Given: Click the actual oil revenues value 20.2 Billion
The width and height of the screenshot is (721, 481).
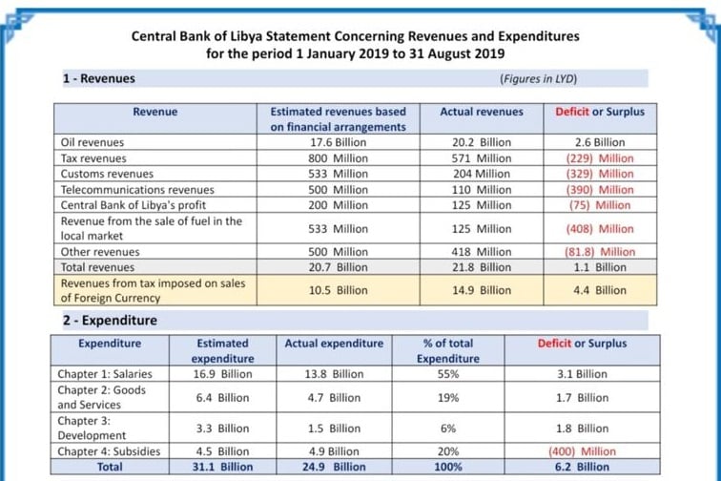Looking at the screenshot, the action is click(x=482, y=142).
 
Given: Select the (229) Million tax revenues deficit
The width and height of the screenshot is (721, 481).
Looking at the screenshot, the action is click(x=600, y=158).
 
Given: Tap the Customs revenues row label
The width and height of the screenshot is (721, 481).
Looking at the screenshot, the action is click(x=107, y=174).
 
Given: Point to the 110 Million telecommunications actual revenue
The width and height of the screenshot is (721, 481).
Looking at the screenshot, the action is click(x=482, y=190).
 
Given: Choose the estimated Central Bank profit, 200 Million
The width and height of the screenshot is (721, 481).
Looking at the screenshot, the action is click(x=338, y=205).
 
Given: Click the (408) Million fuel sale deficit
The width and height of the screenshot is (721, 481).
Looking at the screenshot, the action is click(x=600, y=229).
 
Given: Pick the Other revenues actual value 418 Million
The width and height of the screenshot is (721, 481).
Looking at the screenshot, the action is click(x=482, y=252).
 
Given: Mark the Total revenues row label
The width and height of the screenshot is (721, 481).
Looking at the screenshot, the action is click(x=97, y=267).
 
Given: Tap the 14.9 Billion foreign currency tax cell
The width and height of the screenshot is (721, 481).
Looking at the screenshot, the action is click(x=482, y=290).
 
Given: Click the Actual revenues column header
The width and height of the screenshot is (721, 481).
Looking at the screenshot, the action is click(x=482, y=112).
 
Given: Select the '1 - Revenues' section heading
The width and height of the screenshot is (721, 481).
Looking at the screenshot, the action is click(x=99, y=78).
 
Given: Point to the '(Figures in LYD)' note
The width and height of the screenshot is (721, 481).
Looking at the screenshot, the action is click(x=538, y=78).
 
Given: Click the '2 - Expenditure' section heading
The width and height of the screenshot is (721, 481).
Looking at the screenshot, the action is click(x=110, y=321).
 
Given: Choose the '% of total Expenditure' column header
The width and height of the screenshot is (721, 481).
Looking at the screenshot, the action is click(x=448, y=351).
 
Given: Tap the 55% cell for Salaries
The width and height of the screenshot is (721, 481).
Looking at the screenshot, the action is click(x=448, y=374).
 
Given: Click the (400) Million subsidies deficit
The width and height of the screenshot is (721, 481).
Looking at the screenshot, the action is click(x=582, y=451).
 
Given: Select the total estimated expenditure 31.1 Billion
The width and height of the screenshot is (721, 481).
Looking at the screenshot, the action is click(x=222, y=467).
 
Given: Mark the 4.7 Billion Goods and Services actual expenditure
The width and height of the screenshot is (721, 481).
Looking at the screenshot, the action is click(x=334, y=398).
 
